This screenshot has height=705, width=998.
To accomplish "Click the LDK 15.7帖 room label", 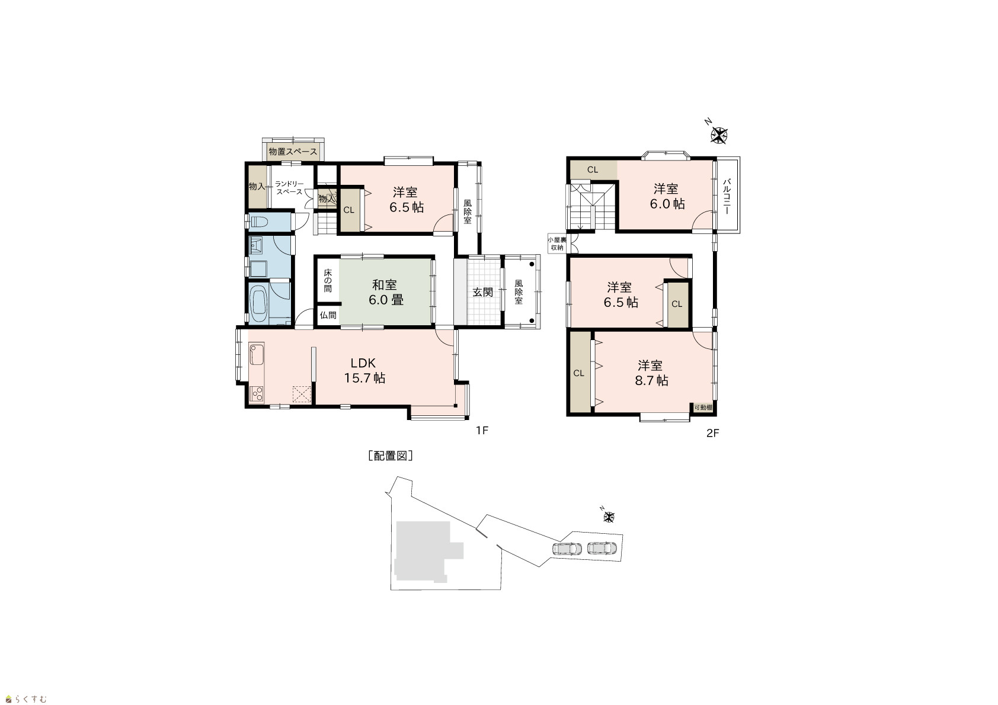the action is tap(364, 370).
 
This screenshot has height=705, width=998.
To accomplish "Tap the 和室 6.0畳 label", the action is tap(385, 292).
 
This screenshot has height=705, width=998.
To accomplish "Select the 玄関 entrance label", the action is tap(482, 293).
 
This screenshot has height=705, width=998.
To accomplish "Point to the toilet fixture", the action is tap(259, 222).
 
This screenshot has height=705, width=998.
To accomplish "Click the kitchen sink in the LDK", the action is tap(256, 354).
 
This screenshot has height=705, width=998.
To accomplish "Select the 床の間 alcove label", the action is tap(328, 281).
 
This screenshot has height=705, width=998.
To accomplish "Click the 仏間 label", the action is tap(328, 315).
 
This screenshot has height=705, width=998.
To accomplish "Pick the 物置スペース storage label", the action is tap(293, 152).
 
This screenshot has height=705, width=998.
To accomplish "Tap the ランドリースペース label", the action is tap(290, 187).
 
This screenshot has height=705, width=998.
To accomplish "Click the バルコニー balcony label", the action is tap(727, 197).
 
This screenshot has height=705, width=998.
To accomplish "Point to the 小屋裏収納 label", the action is tap(557, 243).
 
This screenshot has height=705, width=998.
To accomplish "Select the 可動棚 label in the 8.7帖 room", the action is tap(703, 408).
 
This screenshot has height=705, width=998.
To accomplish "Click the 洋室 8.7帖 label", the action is tap(651, 373).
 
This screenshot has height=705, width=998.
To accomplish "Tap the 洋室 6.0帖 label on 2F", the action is tap(667, 196).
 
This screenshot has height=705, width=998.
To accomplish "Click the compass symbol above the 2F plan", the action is tap(719, 135).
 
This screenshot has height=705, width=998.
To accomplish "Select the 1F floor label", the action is tap(482, 430).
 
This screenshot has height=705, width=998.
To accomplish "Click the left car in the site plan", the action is tap(567, 548).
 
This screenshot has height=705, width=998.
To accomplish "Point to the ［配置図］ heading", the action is tap(391, 456).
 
